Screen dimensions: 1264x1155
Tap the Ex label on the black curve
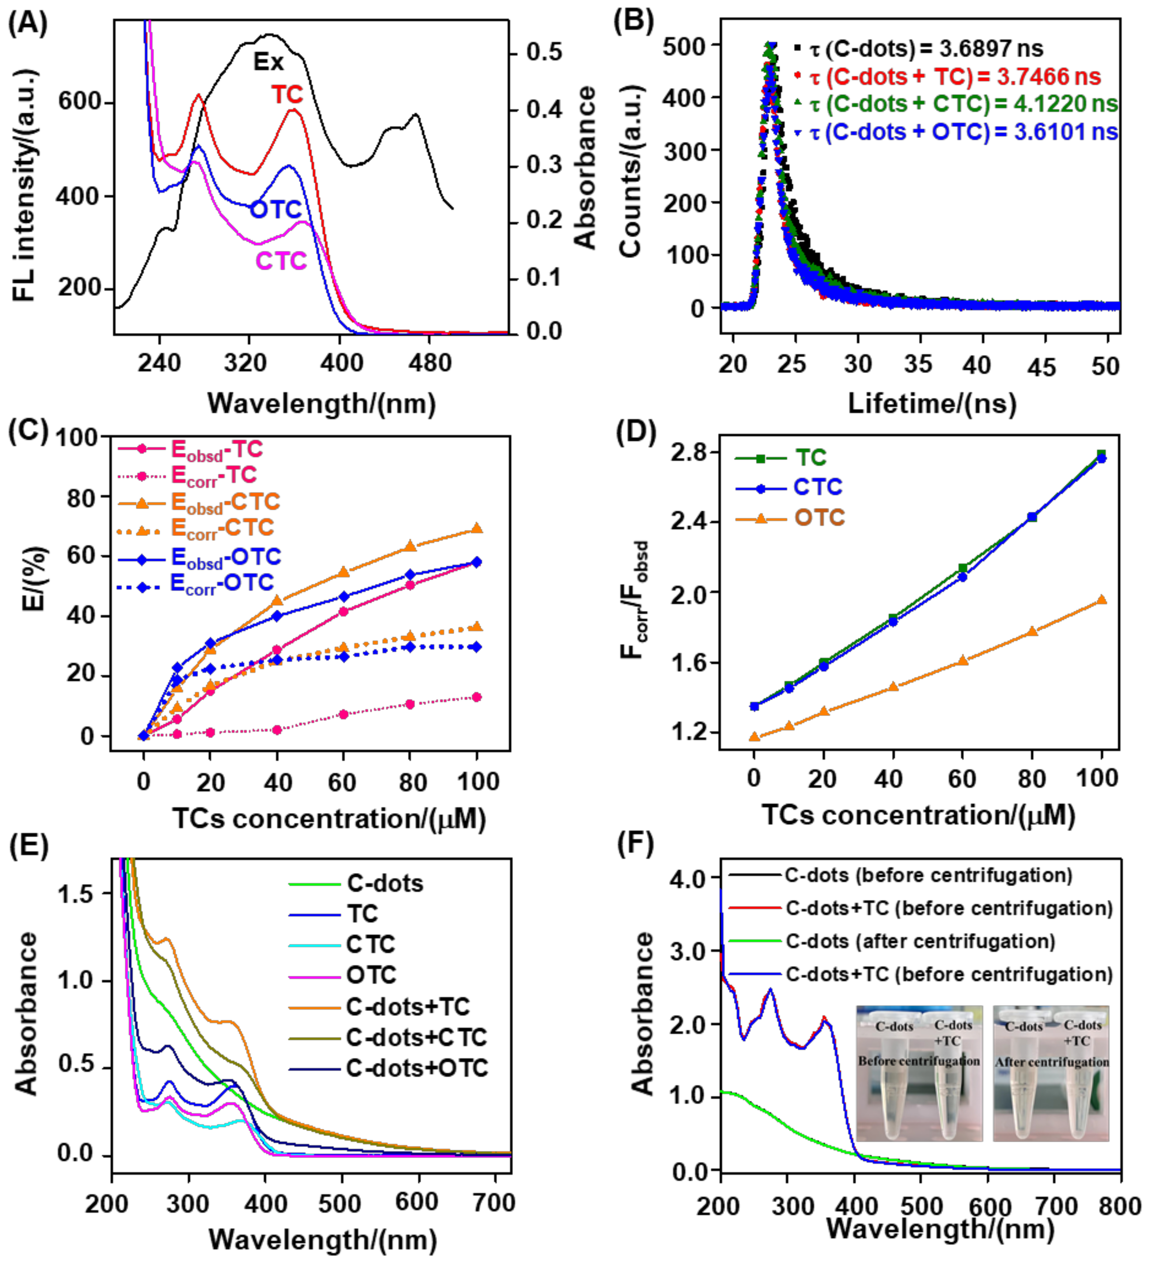(x=268, y=61)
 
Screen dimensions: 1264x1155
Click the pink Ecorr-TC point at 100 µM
(x=477, y=697)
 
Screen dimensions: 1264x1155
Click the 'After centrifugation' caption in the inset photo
(x=1051, y=1062)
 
